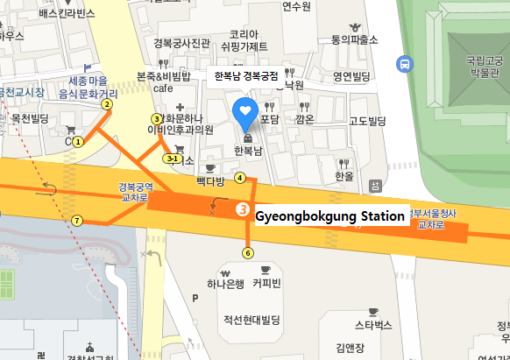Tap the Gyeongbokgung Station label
329,215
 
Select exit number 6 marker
248,253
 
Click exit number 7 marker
77,220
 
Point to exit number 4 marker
240,178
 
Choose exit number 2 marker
107,104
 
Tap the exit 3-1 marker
174,159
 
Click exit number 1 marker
78,140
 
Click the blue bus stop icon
404,63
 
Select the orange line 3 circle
243,209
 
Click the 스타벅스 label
372,326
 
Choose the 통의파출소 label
354,39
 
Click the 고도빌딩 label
369,121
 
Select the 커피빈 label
266,283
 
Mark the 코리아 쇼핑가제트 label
244,39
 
